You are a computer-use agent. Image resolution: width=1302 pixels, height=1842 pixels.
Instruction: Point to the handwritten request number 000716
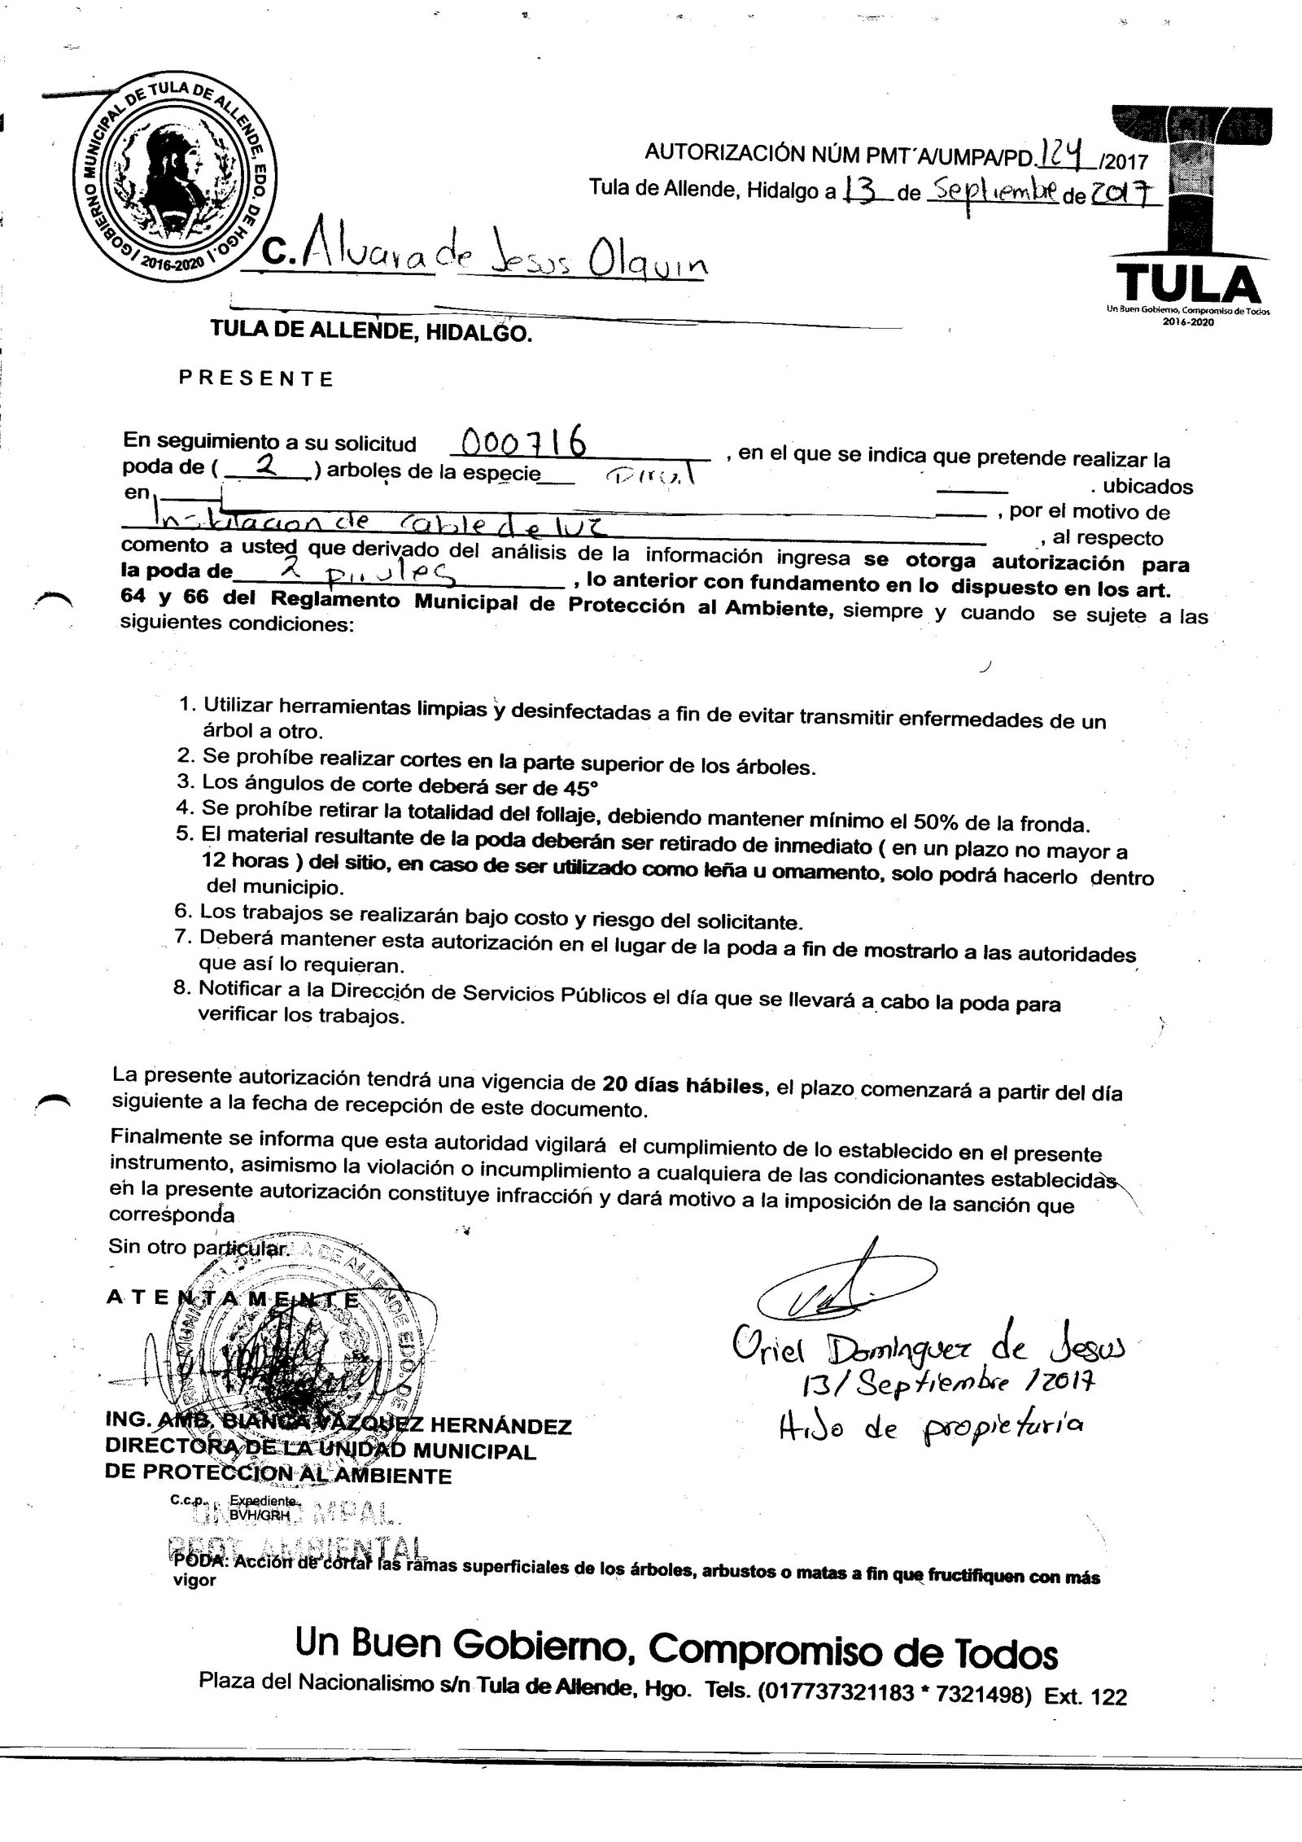coord(526,444)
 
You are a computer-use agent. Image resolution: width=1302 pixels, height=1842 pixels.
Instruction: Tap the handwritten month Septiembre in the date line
coord(995,193)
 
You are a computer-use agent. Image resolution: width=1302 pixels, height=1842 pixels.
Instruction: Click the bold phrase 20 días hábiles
coord(684,1085)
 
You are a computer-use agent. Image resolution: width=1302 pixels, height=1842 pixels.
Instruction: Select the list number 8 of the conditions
coord(183,989)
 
